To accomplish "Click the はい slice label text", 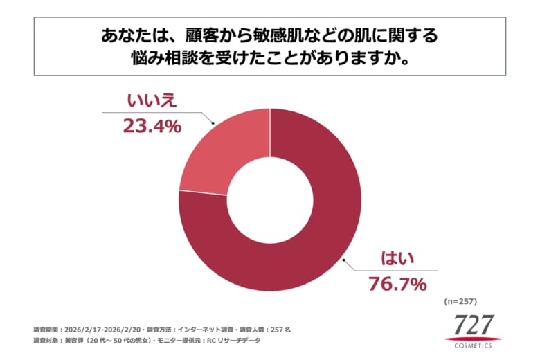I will point(397,260).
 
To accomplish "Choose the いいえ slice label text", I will point(152,101).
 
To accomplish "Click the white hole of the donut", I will point(270,200).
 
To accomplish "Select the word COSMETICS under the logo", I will point(474,345).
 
